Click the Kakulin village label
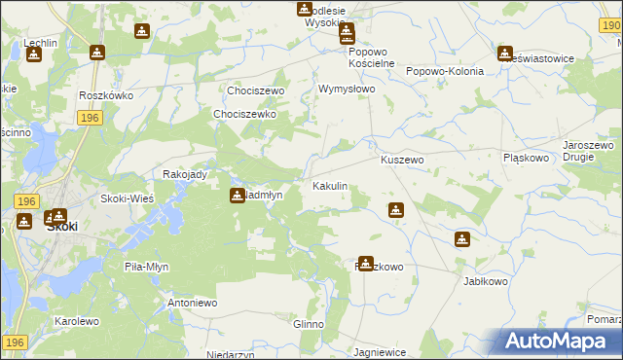click(329, 186)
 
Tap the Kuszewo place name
click(402, 160)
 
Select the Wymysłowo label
click(347, 89)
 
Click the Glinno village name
click(308, 324)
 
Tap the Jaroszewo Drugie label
click(587, 151)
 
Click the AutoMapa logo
click(560, 342)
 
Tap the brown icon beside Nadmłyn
click(237, 196)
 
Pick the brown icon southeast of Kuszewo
click(396, 210)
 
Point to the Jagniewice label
click(379, 352)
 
